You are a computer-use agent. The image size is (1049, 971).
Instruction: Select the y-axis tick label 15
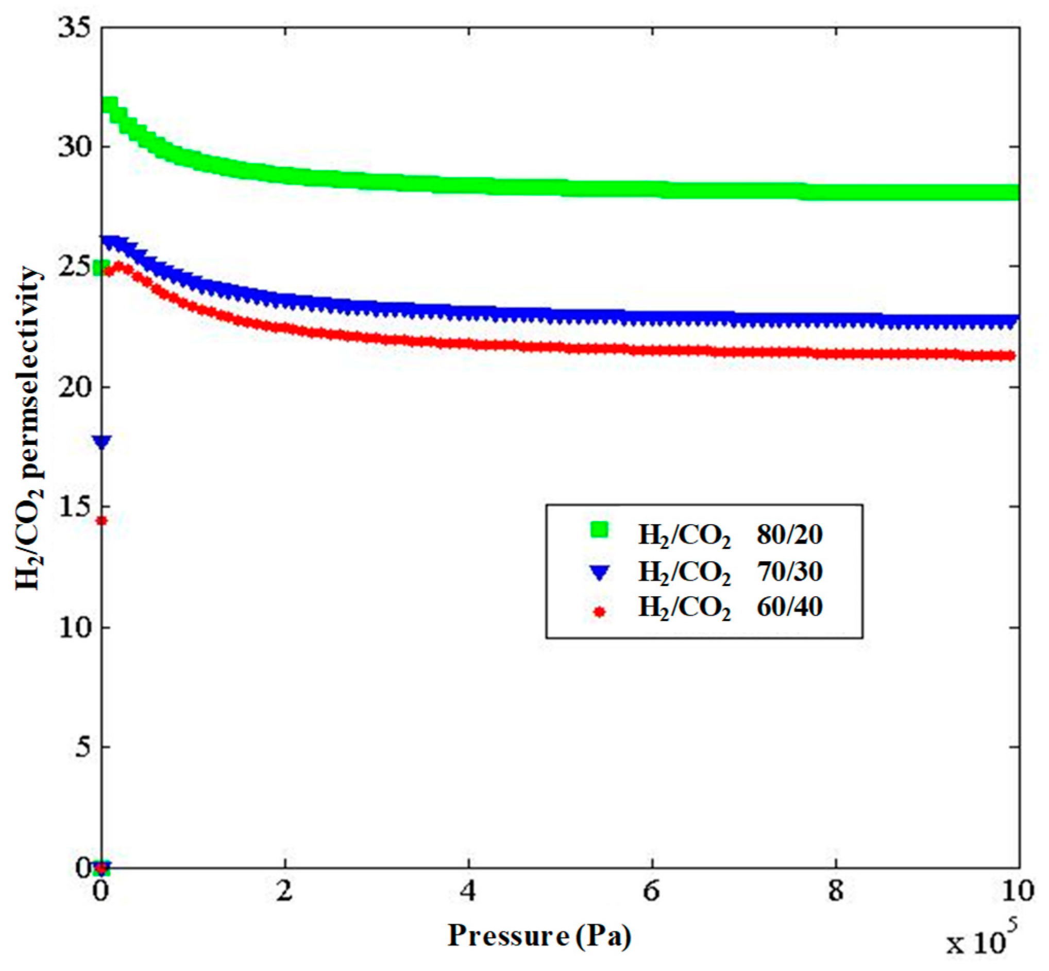[x=74, y=507]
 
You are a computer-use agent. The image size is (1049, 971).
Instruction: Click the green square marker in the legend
[x=599, y=530]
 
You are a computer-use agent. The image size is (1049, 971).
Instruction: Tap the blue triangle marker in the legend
[x=599, y=572]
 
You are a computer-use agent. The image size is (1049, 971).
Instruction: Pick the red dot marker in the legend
[x=599, y=612]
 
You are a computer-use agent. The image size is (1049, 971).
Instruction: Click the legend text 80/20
[x=790, y=534]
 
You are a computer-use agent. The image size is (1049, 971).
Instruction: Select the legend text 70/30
[x=790, y=571]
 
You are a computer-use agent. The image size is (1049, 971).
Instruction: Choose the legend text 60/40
[x=790, y=608]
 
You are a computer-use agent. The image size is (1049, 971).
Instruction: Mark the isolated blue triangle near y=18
[x=102, y=442]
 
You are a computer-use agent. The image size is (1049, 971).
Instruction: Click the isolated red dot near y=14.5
[x=102, y=521]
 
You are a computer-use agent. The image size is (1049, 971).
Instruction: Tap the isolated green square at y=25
[x=99, y=268]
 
